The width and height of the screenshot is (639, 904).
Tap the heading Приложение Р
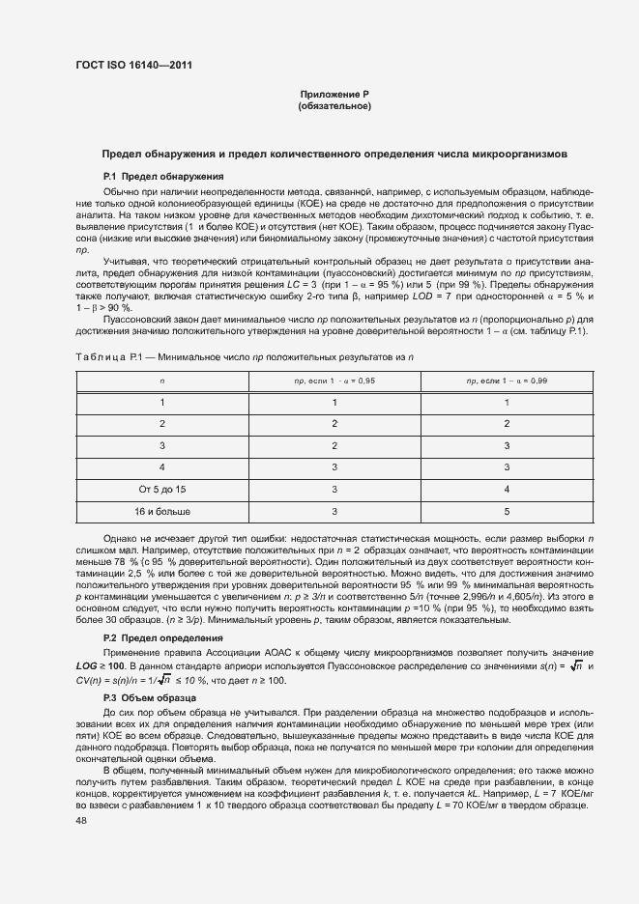(334, 94)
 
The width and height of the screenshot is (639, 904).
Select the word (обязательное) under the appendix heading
(334, 105)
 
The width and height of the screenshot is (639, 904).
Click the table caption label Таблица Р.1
(108, 357)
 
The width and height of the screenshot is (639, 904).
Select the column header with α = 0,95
(334, 381)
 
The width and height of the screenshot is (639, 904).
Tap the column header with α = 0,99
(506, 381)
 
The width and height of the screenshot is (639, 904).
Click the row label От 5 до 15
(162, 490)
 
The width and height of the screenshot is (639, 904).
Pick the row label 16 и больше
(162, 511)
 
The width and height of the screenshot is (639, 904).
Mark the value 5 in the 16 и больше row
(506, 511)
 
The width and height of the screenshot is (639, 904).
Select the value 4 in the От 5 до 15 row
(506, 490)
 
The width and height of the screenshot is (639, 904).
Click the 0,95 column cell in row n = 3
(334, 445)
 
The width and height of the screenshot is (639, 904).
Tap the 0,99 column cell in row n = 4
(506, 467)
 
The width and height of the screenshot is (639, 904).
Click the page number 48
(80, 819)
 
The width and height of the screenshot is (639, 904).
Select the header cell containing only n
(162, 381)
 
